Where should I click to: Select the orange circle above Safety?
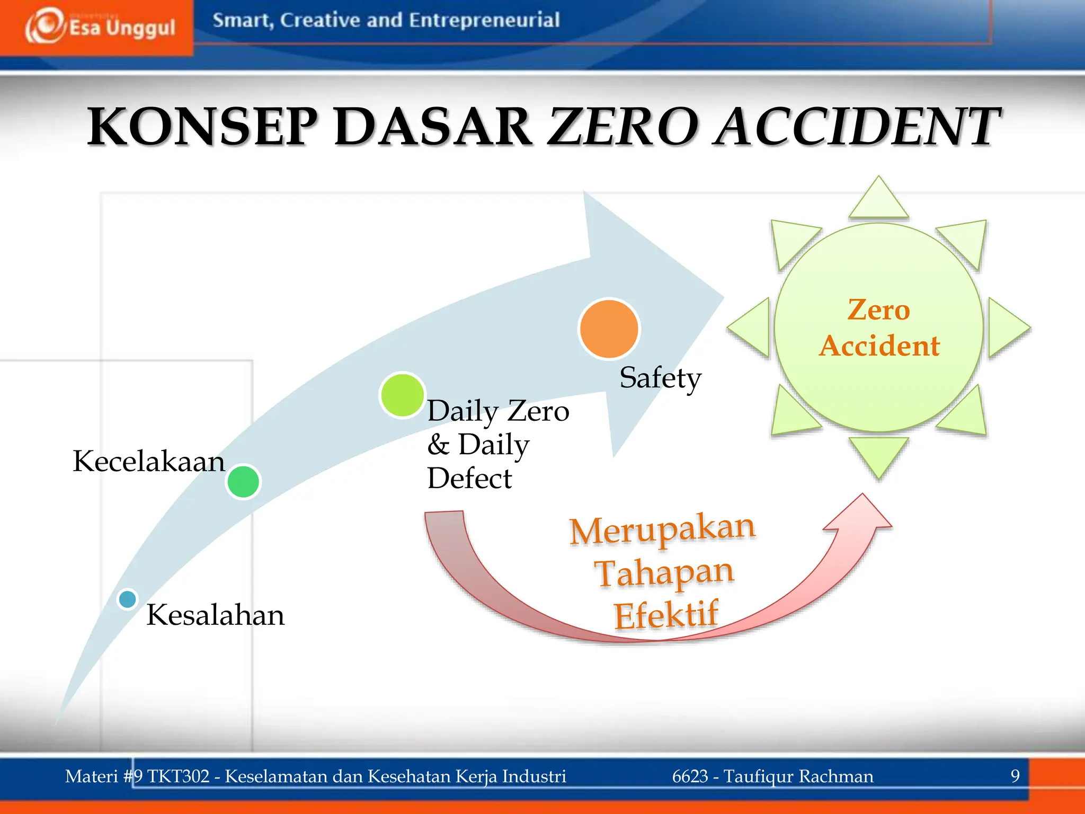609,329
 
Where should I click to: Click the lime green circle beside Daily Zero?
402,395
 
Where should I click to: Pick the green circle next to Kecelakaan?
243,481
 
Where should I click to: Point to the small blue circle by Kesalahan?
128,599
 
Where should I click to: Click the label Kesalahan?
215,615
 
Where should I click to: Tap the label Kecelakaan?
149,461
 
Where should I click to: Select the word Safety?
660,378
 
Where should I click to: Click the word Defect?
469,479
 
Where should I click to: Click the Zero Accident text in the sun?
878,328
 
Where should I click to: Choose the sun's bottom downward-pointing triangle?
878,454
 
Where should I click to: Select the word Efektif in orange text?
666,615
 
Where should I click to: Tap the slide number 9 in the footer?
1015,776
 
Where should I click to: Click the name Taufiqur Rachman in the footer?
798,776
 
